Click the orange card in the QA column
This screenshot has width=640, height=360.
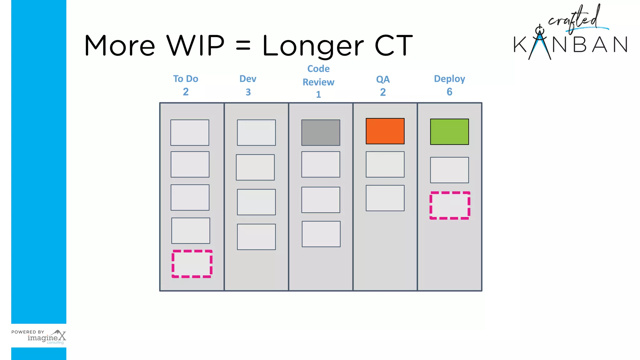(x=385, y=131)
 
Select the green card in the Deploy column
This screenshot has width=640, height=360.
(x=449, y=132)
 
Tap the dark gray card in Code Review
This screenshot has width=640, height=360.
(x=321, y=132)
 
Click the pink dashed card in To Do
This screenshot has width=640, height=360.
(x=192, y=264)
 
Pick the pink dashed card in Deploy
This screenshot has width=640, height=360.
(x=450, y=205)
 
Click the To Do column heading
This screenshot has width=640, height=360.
(x=186, y=79)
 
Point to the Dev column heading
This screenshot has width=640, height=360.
(x=248, y=79)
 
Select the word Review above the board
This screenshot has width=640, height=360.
(x=318, y=82)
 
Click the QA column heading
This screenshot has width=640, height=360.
(x=383, y=79)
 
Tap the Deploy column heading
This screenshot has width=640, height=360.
(x=449, y=79)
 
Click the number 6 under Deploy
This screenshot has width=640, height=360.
(x=449, y=92)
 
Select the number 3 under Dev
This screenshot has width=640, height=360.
(x=248, y=92)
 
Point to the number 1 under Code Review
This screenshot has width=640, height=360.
(x=318, y=94)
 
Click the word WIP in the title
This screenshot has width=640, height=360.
(x=195, y=46)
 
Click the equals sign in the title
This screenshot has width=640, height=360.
(x=243, y=46)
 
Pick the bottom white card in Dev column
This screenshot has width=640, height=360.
(x=256, y=237)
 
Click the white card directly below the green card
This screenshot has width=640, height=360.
(x=449, y=170)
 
